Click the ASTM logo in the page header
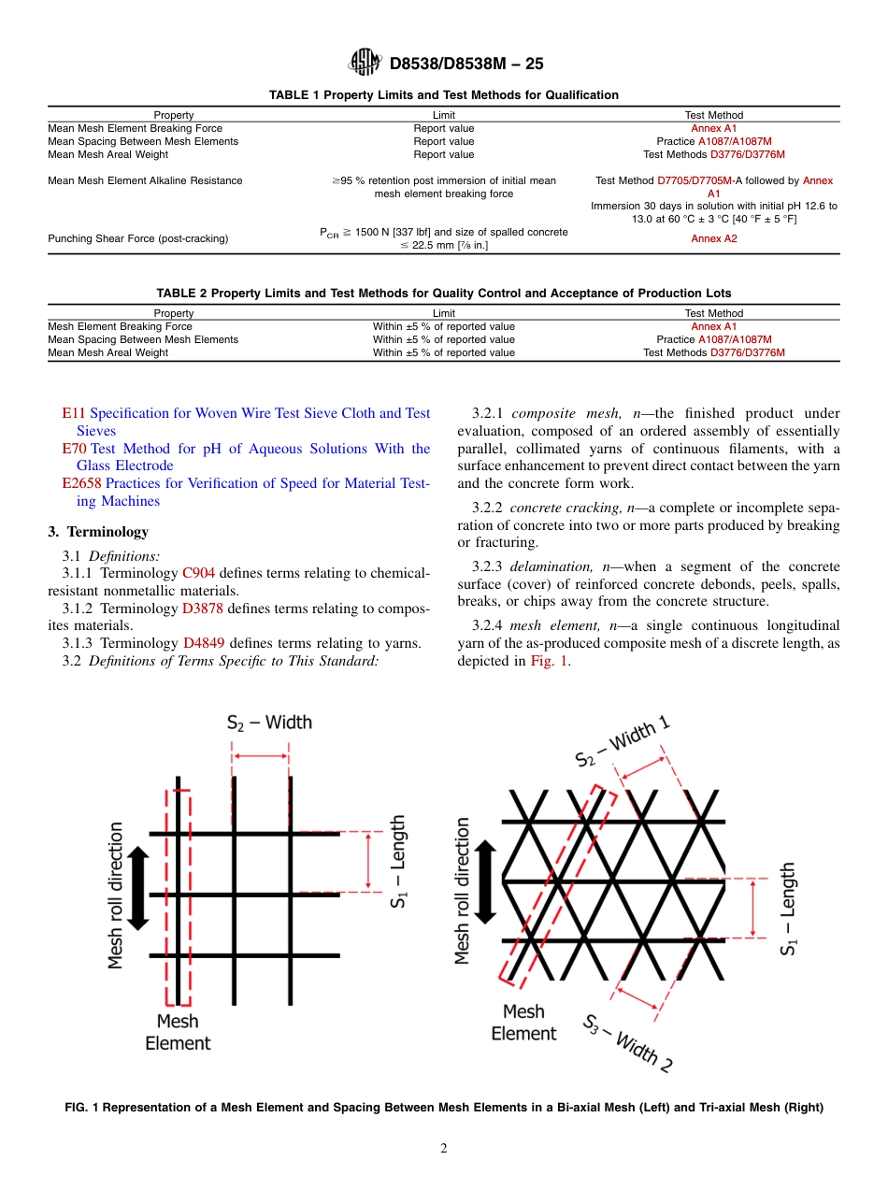click(365, 63)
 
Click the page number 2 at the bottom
click(444, 1149)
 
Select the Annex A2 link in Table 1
click(714, 238)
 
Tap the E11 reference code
click(74, 413)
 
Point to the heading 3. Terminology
click(98, 532)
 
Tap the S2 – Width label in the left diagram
click(269, 723)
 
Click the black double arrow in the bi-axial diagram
click(138, 888)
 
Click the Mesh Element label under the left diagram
click(178, 1032)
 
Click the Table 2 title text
click(444, 294)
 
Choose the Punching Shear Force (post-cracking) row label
click(138, 239)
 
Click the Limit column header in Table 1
click(444, 115)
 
